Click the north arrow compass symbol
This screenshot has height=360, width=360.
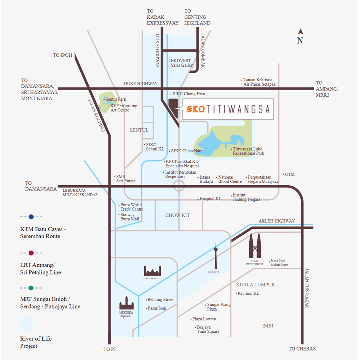point(300,32)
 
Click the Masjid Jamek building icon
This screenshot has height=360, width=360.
point(152,270)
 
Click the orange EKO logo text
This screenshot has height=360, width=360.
point(196,109)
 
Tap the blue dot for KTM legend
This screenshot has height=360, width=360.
point(31,217)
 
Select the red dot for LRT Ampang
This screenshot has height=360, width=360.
point(31,253)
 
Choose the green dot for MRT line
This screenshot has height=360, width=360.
point(31,288)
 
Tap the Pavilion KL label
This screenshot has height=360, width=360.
point(248,294)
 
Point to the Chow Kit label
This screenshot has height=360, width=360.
point(178,215)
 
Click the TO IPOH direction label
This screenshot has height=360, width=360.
point(62,55)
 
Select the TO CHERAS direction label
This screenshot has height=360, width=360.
point(302,349)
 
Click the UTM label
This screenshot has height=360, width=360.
point(290,174)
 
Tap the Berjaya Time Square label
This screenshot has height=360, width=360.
point(208,329)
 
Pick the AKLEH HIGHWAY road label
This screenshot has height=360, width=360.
point(277,221)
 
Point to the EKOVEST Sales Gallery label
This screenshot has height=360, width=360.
point(182,63)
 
